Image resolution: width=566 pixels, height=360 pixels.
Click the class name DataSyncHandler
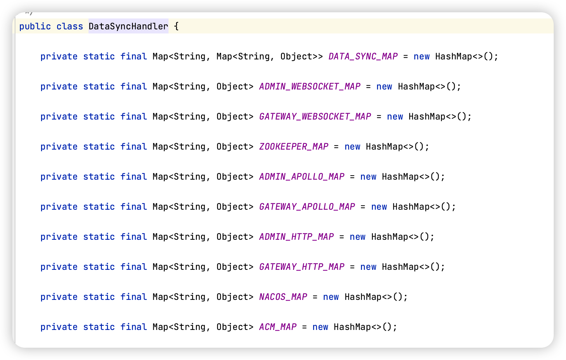click(128, 26)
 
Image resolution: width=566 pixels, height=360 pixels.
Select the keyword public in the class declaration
click(35, 26)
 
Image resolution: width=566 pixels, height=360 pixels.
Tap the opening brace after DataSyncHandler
click(176, 26)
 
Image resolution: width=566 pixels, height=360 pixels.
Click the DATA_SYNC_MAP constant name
click(363, 56)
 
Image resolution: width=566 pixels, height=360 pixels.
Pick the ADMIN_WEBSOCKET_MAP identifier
click(310, 86)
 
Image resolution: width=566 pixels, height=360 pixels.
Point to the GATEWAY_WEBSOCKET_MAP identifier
click(315, 116)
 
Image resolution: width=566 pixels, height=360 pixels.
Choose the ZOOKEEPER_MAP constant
click(294, 147)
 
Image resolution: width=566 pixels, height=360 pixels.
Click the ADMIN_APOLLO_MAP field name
click(301, 177)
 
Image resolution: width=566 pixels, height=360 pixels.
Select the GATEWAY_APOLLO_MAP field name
click(307, 207)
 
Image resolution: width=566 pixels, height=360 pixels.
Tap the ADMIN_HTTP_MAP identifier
click(296, 237)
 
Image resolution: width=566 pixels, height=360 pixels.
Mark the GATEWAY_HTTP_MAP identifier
click(301, 267)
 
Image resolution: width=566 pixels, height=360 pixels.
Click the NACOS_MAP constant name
click(283, 297)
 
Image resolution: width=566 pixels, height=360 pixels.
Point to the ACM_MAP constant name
click(278, 327)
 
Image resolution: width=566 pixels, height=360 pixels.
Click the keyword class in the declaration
click(70, 26)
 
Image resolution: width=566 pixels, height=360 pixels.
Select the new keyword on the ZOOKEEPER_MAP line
click(352, 147)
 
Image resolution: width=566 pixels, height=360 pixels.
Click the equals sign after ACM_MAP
click(304, 327)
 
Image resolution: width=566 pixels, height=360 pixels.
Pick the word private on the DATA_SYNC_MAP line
click(59, 56)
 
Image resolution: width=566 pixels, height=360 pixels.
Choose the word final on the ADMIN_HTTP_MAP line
click(133, 237)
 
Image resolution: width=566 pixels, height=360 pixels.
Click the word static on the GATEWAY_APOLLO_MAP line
click(99, 207)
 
